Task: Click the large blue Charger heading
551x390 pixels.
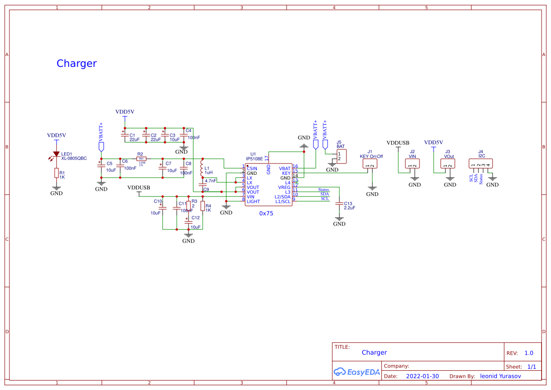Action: [76, 64]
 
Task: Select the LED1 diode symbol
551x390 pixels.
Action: [56, 154]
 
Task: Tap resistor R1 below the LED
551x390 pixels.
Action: [56, 173]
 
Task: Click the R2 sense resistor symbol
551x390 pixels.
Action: [141, 159]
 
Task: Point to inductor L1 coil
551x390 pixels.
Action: [202, 168]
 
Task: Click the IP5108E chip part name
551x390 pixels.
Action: [254, 159]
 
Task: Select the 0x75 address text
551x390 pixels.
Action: [266, 213]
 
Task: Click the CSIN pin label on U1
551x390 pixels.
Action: [252, 168]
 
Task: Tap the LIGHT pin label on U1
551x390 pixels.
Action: [253, 202]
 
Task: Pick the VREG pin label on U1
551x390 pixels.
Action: [284, 187]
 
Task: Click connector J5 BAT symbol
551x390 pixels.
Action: [341, 156]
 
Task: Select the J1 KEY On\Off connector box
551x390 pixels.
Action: [370, 163]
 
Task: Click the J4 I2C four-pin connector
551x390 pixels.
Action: [481, 163]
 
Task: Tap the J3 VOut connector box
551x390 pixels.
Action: [447, 163]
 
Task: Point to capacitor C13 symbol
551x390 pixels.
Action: [339, 203]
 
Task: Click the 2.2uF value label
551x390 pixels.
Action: [349, 208]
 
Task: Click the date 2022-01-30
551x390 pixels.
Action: [422, 376]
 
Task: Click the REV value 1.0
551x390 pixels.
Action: [528, 353]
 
